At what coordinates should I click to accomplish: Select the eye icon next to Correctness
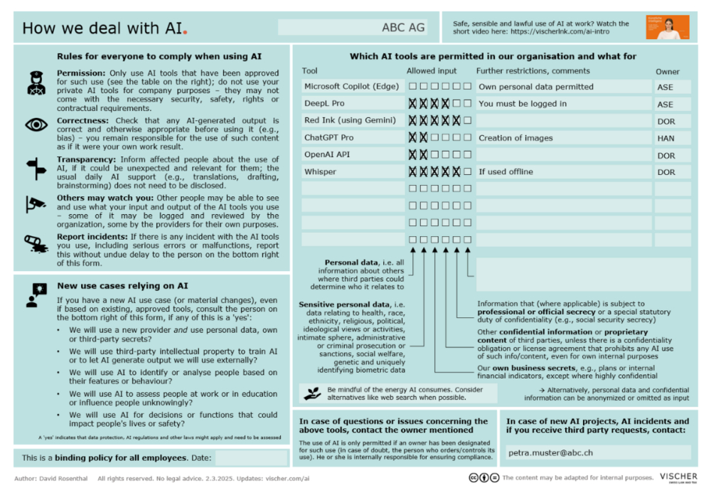click(x=36, y=125)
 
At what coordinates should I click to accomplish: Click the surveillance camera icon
click(x=36, y=204)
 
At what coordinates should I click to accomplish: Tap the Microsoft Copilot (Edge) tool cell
click(x=351, y=87)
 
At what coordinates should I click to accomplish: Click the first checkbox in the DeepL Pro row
click(x=412, y=104)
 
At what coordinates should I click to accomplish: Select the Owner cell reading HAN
click(x=672, y=138)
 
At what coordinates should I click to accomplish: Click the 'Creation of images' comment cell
click(x=562, y=138)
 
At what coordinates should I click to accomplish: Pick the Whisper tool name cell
click(x=351, y=172)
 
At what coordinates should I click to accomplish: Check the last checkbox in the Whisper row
click(x=467, y=172)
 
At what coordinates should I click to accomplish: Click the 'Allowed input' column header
click(x=432, y=71)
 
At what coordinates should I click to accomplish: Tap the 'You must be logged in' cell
click(x=562, y=104)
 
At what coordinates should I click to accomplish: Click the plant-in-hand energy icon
click(x=311, y=393)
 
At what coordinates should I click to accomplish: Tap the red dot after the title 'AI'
click(x=186, y=33)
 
